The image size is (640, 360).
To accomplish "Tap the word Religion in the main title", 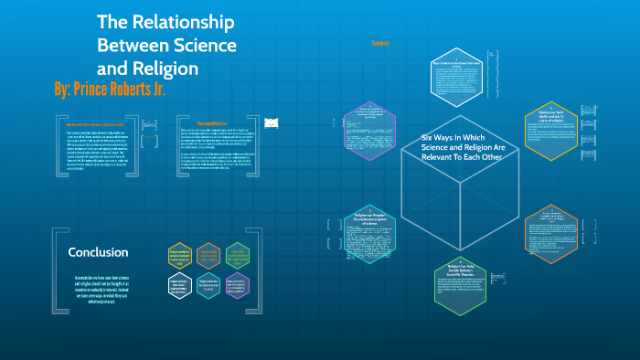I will (161, 68).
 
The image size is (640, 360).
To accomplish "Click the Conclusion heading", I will (99, 252).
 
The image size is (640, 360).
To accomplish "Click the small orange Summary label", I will (380, 43).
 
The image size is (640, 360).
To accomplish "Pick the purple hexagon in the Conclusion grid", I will (236, 285).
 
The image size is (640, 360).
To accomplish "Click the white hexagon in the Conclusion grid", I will (179, 285).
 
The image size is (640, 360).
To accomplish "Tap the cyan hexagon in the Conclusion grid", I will (208, 285).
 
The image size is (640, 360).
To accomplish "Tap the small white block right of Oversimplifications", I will (271, 122).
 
